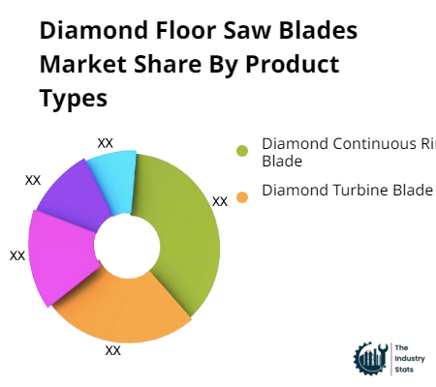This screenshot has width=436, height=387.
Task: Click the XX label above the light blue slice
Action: click(106, 142)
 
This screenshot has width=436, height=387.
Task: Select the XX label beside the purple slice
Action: click(33, 179)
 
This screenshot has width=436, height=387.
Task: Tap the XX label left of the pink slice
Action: click(17, 255)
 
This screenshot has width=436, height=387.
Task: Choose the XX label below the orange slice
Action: click(113, 350)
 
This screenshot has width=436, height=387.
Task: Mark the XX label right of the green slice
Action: click(220, 201)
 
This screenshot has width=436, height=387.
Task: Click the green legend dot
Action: click(242, 150)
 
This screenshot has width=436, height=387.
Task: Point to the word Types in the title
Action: click(74, 100)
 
